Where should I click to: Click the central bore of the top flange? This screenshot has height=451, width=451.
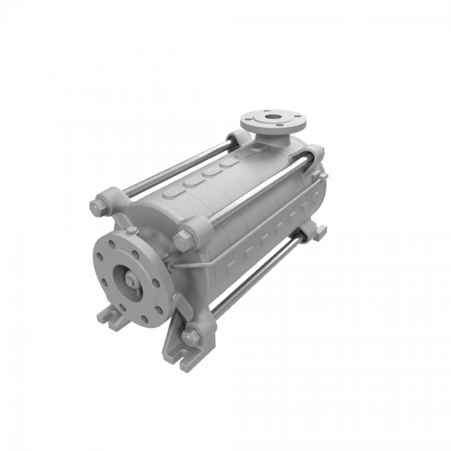click(273, 118)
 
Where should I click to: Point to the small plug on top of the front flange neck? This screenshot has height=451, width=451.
click(131, 231)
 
